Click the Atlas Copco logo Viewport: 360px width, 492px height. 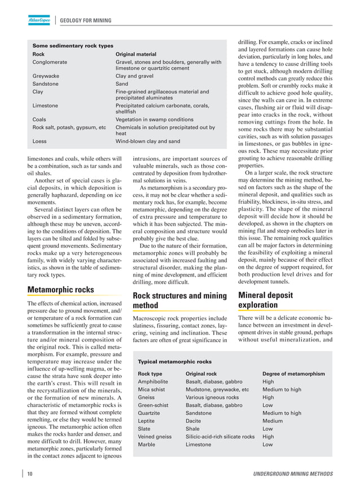point(39,21)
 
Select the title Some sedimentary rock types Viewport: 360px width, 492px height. point(73,46)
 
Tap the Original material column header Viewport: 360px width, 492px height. point(135,54)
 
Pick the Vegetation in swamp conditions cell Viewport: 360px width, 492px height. point(155,120)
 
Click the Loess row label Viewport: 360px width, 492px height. point(40,141)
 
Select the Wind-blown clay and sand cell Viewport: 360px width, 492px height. point(148,141)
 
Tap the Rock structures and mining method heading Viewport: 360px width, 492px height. point(179,300)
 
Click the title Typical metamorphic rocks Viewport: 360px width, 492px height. point(175,362)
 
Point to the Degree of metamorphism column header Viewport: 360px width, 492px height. point(293,374)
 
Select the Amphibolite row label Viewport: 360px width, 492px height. point(154,381)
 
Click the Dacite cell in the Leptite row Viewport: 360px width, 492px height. point(194,421)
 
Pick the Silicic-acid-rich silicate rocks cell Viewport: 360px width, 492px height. point(220,437)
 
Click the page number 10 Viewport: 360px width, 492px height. point(29,473)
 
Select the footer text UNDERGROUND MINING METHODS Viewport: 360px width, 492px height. point(292,473)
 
